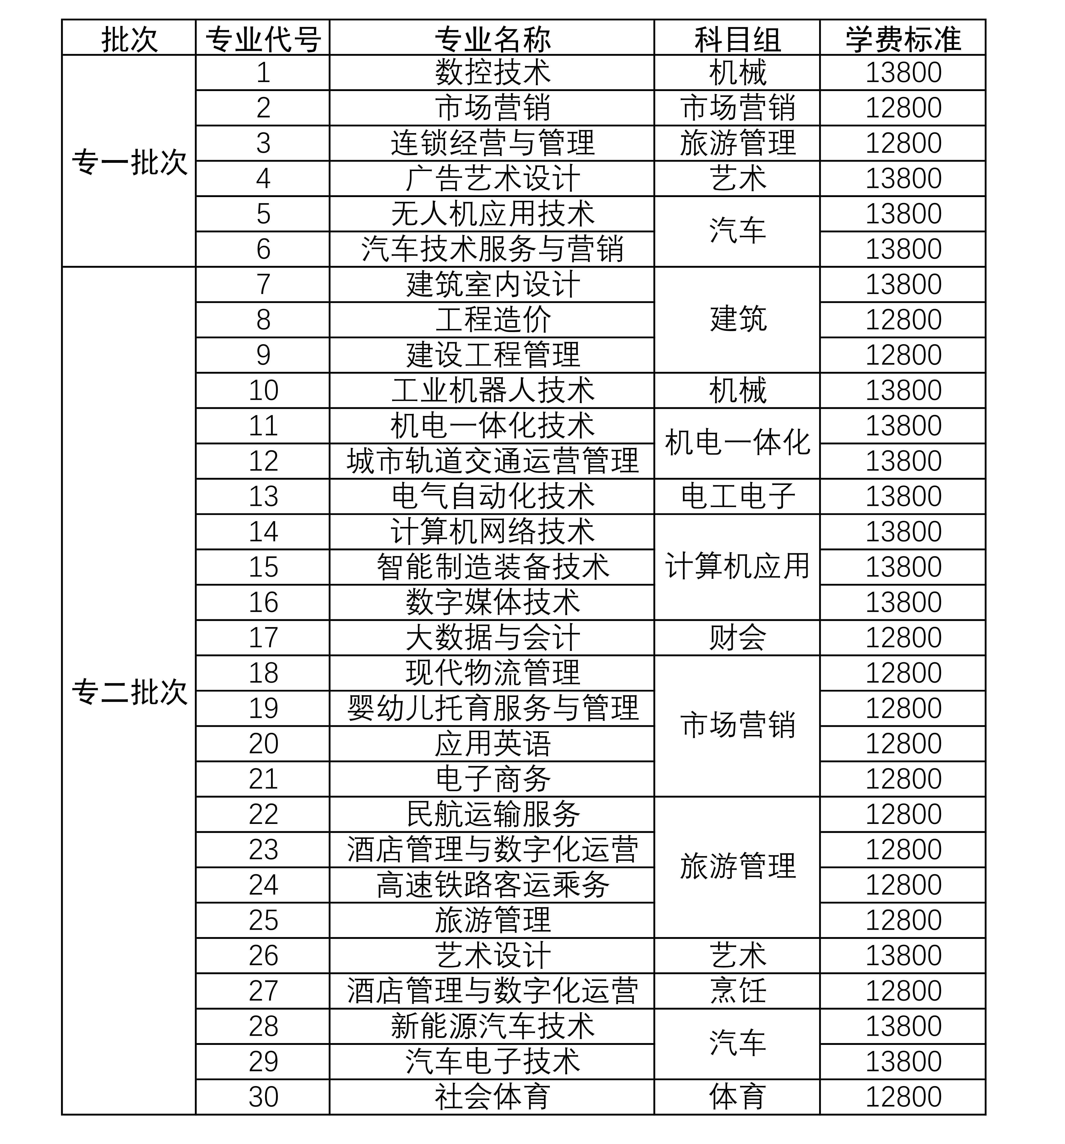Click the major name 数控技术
click(x=492, y=72)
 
